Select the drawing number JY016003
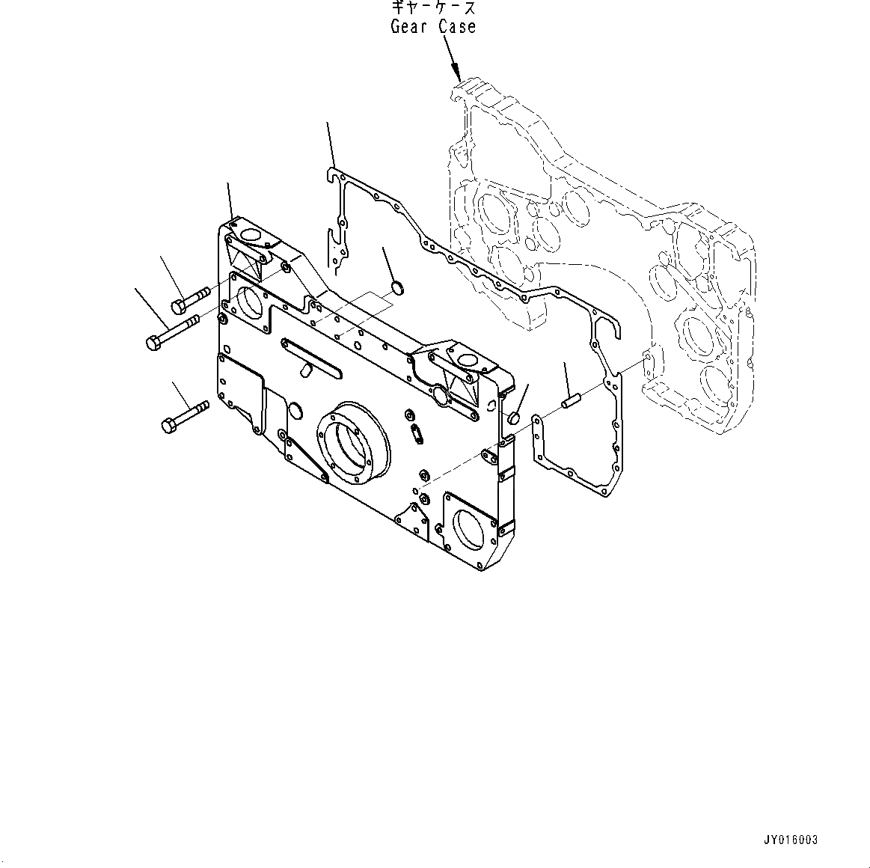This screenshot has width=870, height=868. (791, 840)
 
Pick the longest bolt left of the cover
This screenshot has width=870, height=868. (171, 332)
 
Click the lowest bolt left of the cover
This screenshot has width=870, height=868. (184, 416)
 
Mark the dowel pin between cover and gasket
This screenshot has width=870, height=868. (572, 402)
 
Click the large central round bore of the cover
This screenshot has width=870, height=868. (354, 440)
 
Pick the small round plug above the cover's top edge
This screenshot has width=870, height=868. (399, 287)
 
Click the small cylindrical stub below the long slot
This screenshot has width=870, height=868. (305, 370)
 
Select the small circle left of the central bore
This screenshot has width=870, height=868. (295, 409)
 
